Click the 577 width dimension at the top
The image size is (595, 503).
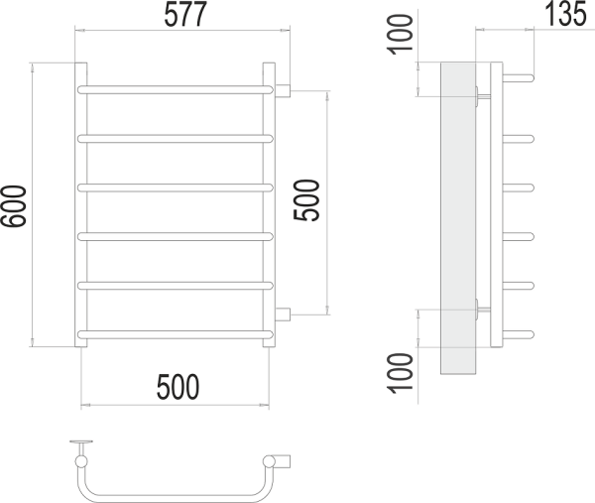(x=178, y=15)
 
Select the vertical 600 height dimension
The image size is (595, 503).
(x=14, y=205)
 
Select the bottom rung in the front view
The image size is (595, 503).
(x=175, y=331)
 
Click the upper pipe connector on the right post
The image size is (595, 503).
(x=283, y=91)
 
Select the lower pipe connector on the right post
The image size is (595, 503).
(x=283, y=315)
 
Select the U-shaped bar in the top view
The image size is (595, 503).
(x=169, y=493)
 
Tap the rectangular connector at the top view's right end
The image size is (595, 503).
(x=284, y=461)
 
